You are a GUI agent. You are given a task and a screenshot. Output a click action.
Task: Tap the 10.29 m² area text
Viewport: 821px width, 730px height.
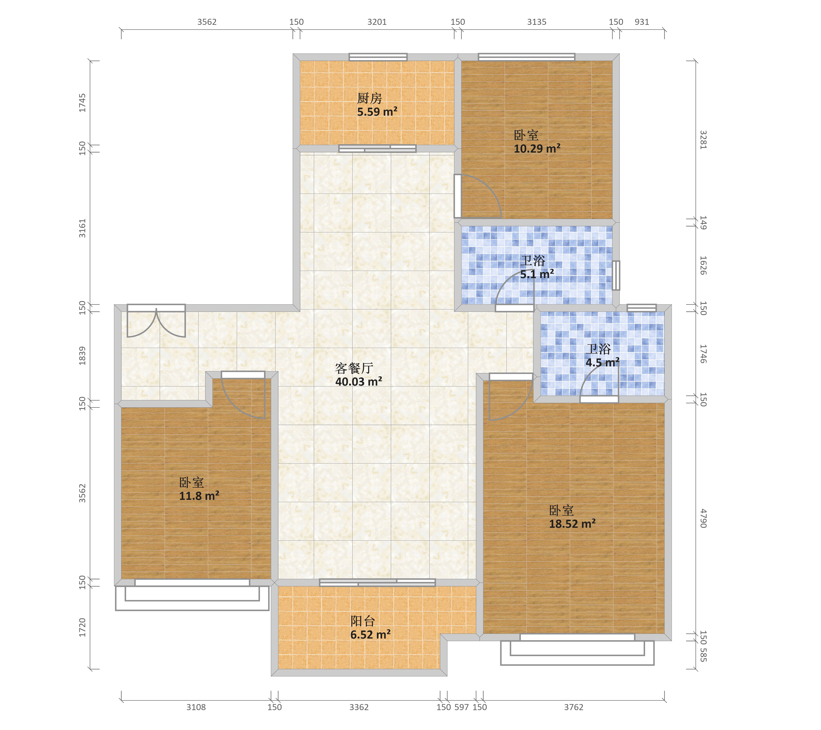tap(537, 149)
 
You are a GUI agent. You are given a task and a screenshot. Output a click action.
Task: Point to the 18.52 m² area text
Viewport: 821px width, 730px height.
tap(572, 524)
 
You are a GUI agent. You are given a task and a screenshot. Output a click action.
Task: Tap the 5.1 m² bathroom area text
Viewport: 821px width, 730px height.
tap(537, 274)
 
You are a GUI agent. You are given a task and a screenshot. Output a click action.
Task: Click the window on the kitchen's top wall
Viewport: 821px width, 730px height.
tap(378, 57)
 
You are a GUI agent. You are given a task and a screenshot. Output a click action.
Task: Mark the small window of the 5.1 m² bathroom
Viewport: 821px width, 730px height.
tap(616, 276)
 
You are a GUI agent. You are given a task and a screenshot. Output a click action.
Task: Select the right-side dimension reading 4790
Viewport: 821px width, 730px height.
tap(703, 518)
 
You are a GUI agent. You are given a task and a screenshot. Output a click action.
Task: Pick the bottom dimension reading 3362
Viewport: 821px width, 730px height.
tap(359, 707)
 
